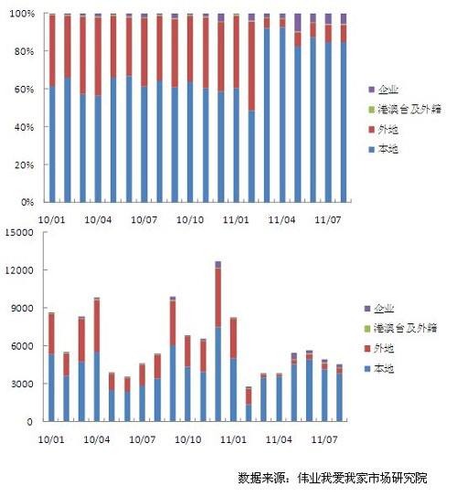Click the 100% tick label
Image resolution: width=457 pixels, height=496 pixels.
[22, 14]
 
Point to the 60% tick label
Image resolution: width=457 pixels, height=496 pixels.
[24, 89]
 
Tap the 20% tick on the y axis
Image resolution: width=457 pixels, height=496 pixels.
[24, 164]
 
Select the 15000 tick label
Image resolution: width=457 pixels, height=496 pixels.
[19, 233]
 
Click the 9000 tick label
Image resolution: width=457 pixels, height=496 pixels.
[22, 308]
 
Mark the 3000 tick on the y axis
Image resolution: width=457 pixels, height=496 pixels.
[22, 384]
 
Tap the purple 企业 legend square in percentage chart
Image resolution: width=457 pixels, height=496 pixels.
[372, 90]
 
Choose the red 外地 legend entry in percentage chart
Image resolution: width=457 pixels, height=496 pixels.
[383, 130]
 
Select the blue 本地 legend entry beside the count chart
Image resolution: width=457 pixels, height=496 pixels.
[379, 368]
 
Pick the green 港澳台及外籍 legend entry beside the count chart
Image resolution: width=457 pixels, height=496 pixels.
[400, 328]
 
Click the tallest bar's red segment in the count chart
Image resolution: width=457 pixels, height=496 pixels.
[218, 298]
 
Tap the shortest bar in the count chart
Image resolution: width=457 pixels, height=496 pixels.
[249, 404]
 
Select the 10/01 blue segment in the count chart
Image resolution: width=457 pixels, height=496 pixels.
[51, 388]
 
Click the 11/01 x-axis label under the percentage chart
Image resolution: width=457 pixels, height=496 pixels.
[236, 219]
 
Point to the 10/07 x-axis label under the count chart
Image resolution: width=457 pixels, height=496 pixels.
[143, 439]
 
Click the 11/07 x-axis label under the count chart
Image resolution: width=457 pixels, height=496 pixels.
[324, 439]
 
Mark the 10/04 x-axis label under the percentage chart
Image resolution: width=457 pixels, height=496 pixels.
[98, 219]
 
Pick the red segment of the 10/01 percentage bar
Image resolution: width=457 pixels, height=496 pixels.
[52, 50]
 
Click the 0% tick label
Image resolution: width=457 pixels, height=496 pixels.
[27, 203]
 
